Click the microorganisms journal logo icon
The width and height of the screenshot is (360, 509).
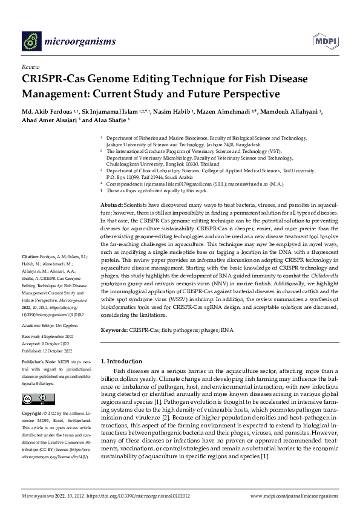pyautogui.click(x=32, y=41)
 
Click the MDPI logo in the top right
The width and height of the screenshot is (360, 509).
pyautogui.click(x=325, y=41)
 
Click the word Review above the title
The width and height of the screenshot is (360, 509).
pyautogui.click(x=31, y=66)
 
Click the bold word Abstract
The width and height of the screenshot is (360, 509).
pyautogui.click(x=111, y=172)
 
